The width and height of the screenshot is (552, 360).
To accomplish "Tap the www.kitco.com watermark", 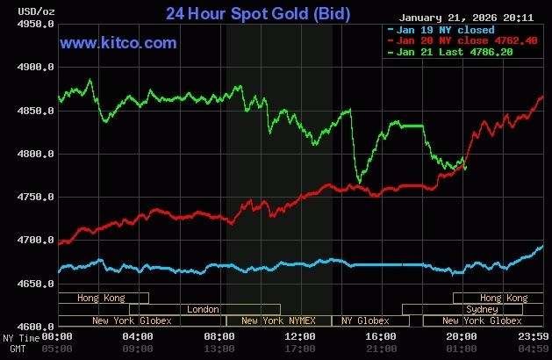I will pos(118,43).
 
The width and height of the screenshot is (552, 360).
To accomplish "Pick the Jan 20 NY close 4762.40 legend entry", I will pos(454,40).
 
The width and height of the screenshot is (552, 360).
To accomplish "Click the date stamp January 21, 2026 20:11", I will pos(465,17).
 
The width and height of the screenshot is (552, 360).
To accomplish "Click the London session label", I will pos(204,309).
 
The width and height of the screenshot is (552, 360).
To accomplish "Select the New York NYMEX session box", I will pos(279,320).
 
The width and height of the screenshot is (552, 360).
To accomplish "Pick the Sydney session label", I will pos(483,309).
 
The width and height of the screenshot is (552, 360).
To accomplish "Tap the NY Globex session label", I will pos(365,320).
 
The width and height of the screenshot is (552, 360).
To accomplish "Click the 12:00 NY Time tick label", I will pos(300,336).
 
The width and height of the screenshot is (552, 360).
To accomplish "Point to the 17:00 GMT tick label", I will pos(300,349).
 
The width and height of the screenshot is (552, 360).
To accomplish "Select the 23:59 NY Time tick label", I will pos(534,336).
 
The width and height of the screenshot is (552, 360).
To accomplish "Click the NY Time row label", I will pos(19,337).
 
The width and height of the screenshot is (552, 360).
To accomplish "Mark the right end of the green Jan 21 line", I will pos(466,168).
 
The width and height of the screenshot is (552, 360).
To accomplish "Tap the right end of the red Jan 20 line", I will pos(542,97).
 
